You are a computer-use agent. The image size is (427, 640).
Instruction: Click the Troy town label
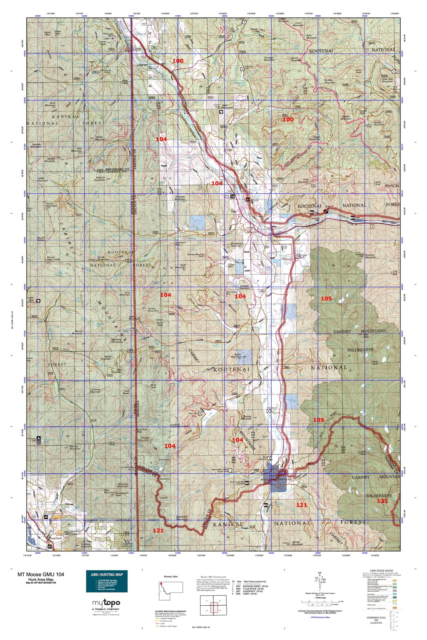click(233, 212)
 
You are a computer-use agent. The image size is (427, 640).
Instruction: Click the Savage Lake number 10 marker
click(298, 256)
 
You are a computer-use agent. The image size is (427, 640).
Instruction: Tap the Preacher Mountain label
click(180, 198)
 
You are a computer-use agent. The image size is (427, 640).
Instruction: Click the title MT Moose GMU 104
click(41, 574)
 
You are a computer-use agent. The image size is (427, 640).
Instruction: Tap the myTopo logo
click(106, 602)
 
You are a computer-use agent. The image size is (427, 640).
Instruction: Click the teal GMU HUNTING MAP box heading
click(107, 574)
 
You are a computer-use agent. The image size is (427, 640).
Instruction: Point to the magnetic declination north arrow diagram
click(322, 581)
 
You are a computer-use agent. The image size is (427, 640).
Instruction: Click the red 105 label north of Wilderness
click(326, 299)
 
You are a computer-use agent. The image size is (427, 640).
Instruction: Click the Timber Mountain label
click(100, 138)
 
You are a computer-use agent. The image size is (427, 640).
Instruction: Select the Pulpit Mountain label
click(314, 138)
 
